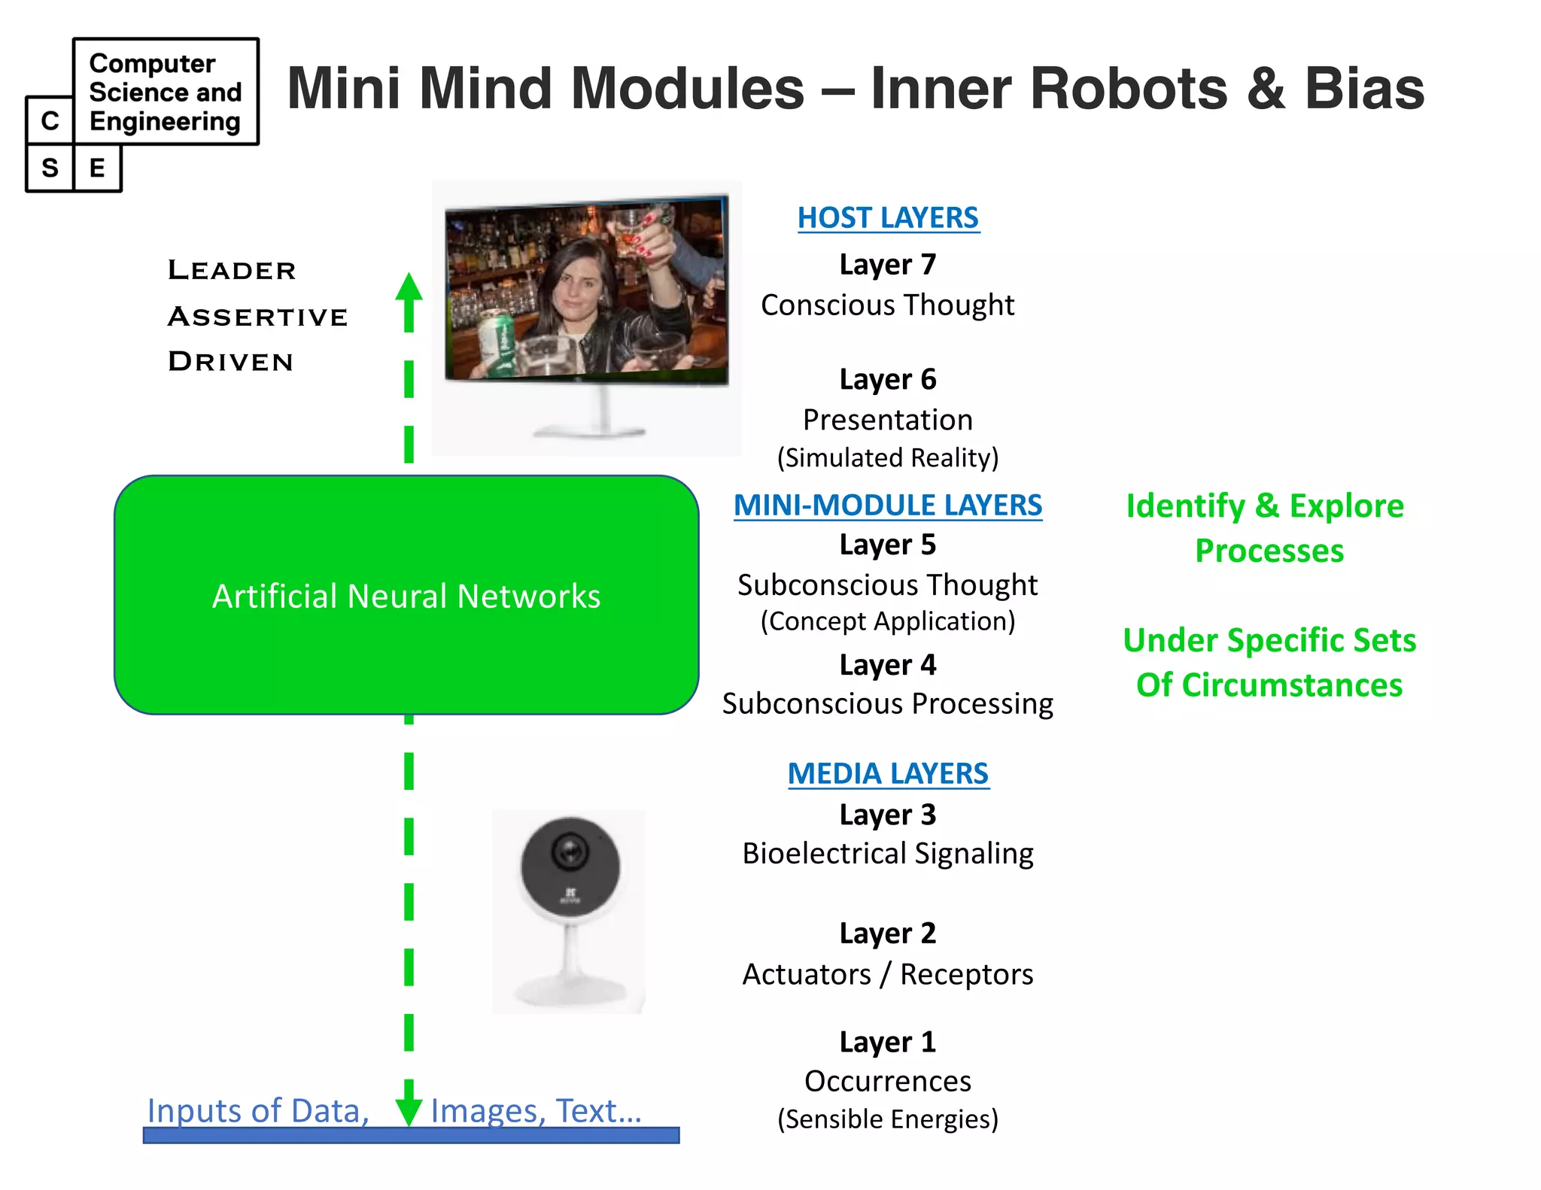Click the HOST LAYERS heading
point(888,218)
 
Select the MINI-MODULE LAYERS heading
point(888,505)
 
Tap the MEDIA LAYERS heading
point(888,774)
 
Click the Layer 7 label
point(888,265)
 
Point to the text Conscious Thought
point(888,305)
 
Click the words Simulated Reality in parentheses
point(888,458)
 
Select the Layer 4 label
point(888,665)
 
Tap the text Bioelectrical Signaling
point(888,854)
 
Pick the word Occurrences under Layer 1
point(888,1082)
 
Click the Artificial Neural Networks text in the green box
point(406,597)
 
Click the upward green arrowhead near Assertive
point(409,290)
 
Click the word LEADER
point(232,270)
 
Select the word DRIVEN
point(230,362)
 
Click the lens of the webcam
point(570,852)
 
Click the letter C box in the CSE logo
point(50,120)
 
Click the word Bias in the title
point(1363,89)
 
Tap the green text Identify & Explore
point(1265,506)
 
